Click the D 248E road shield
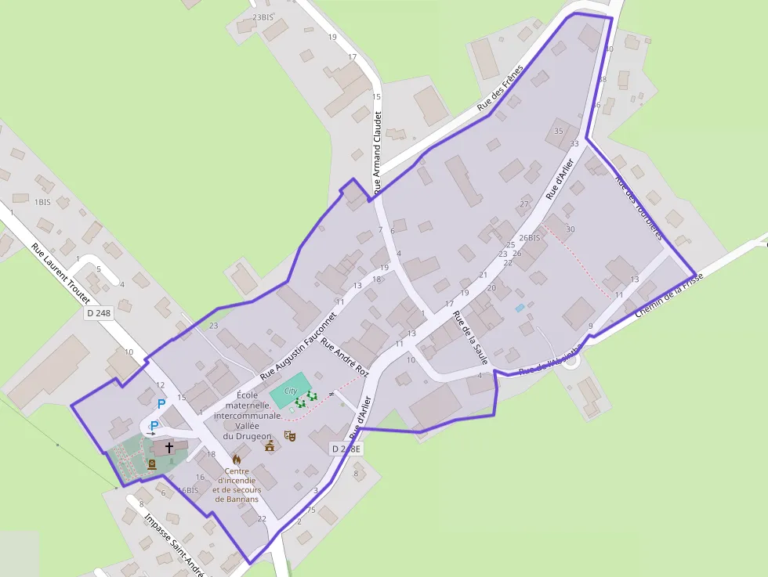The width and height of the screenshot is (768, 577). pos(346,449)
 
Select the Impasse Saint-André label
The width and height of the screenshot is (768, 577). pos(174,544)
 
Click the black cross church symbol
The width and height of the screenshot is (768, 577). pos(168,448)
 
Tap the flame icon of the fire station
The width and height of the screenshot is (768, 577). pos(237,459)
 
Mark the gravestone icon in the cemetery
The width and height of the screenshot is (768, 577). pos(151,463)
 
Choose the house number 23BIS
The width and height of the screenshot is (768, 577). pos(263,16)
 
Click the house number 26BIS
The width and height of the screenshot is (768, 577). pos(529,238)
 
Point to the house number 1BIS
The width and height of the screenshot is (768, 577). pos(42,201)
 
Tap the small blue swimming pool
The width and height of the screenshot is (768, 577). pos(520,308)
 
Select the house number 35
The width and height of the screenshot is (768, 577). pos(558,131)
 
